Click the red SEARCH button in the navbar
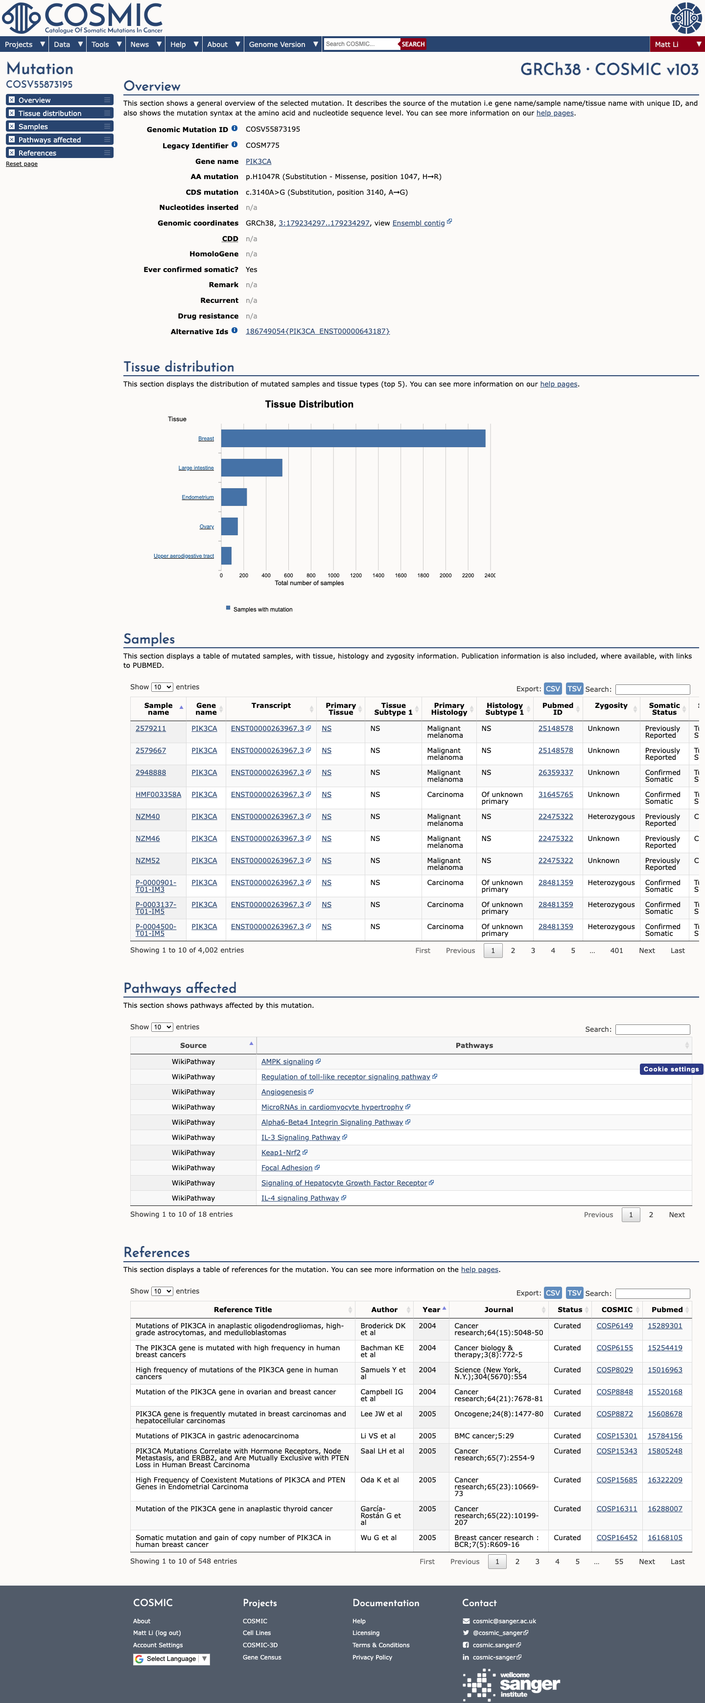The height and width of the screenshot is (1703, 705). click(413, 45)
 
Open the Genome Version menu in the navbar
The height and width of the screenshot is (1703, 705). click(283, 45)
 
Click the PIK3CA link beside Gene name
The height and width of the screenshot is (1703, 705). click(258, 161)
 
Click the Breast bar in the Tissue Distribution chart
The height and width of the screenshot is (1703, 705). click(353, 438)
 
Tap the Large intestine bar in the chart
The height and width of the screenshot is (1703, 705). click(252, 467)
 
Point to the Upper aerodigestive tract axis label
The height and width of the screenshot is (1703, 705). click(184, 556)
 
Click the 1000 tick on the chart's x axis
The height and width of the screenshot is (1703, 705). click(333, 575)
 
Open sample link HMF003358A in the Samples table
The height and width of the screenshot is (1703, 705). click(158, 795)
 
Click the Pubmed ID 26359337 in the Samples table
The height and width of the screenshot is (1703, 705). click(556, 773)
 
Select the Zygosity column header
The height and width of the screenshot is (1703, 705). click(611, 705)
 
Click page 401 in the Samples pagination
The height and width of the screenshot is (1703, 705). click(616, 951)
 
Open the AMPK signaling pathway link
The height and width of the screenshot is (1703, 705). click(287, 1062)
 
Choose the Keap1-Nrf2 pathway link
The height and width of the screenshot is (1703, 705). click(281, 1152)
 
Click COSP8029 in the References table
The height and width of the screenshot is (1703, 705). click(614, 1370)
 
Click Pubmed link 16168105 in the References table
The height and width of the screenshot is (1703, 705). click(665, 1538)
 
